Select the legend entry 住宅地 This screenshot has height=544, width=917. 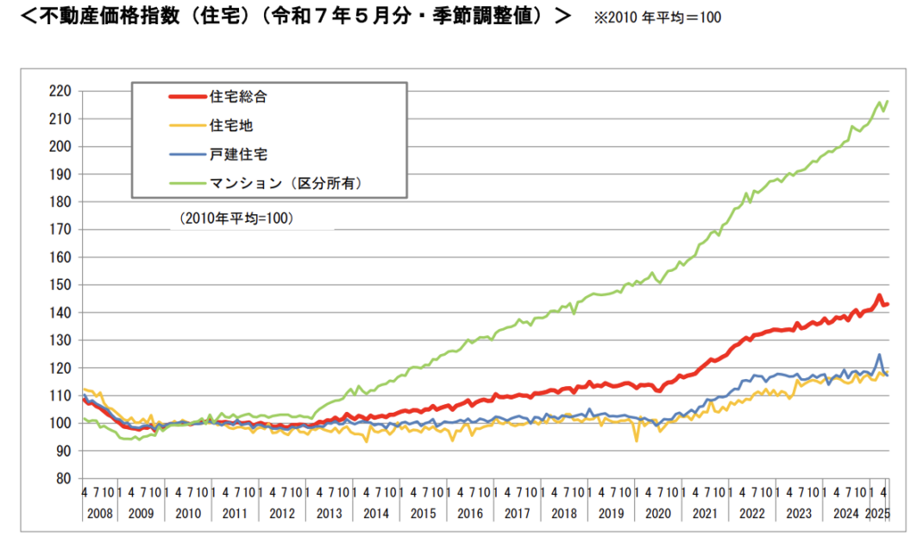231,125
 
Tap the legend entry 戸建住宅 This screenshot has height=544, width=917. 238,154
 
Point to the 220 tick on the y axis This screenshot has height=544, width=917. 60,91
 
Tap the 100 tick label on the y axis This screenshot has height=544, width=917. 60,422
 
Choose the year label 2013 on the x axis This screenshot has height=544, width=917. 329,513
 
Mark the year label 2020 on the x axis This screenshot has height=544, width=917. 657,513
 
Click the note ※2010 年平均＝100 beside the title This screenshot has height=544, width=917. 656,17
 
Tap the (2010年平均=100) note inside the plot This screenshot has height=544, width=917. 237,219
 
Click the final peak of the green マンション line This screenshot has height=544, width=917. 887,101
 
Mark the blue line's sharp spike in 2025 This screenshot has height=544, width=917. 879,354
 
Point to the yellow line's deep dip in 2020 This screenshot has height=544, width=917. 637,440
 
